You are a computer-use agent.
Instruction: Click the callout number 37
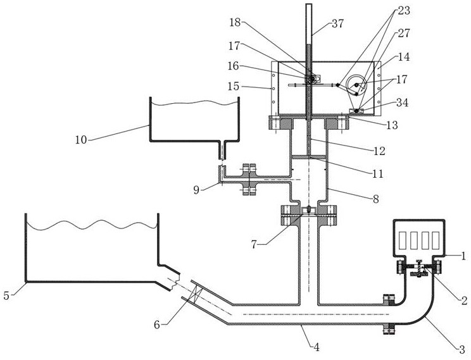[x=337, y=23]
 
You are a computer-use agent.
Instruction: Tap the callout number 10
[x=81, y=140]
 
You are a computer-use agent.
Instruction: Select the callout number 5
[x=6, y=295]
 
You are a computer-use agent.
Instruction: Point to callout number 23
[x=404, y=11]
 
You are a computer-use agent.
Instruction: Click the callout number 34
[x=402, y=102]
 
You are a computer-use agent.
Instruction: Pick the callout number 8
[x=376, y=199]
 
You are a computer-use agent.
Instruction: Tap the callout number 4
[x=316, y=347]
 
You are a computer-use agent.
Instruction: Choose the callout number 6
[x=157, y=325]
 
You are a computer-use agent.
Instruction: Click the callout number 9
[x=196, y=190]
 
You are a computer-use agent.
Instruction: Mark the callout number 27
[x=404, y=33]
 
